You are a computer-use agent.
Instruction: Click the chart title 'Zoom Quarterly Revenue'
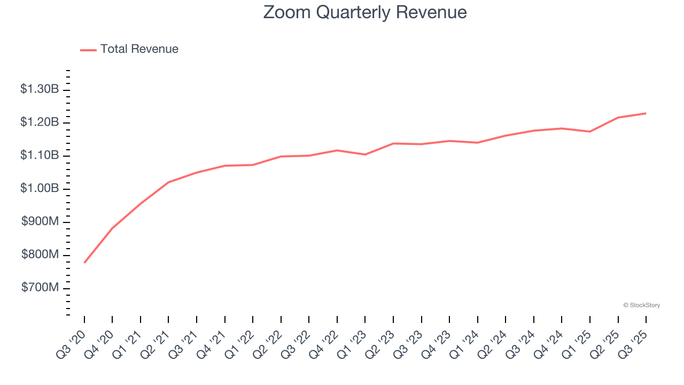[365, 12]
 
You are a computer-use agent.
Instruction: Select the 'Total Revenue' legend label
[139, 49]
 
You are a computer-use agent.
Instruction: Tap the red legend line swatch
[88, 50]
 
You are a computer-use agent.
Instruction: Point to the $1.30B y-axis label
[40, 89]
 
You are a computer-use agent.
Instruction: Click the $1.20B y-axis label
[40, 122]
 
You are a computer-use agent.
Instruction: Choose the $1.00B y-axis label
[40, 189]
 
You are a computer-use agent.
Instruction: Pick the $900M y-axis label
[40, 222]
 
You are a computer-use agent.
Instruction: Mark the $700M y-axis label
[40, 288]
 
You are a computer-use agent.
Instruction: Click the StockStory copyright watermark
[641, 305]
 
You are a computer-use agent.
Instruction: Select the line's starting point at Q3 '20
[84, 263]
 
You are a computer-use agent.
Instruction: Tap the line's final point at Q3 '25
[646, 113]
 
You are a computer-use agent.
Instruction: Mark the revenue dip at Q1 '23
[365, 155]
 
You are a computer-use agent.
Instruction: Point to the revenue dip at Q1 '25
[590, 132]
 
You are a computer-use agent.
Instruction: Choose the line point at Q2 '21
[168, 182]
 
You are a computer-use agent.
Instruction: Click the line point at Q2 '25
[618, 118]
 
